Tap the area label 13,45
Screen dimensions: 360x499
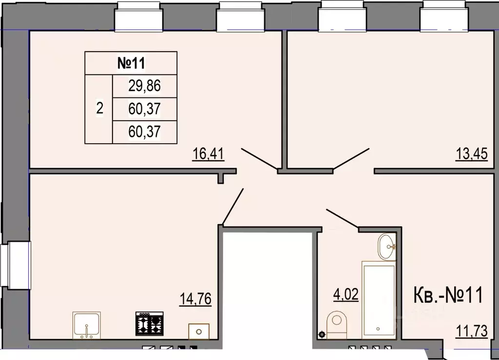click(x=471, y=154)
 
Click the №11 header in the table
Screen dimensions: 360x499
click(x=131, y=63)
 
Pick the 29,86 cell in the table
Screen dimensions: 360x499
click(x=144, y=86)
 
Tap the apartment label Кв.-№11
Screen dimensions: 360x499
click(x=447, y=296)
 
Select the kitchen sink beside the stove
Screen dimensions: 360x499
click(x=86, y=325)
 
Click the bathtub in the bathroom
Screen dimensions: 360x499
click(x=378, y=298)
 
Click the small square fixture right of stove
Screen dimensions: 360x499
click(x=198, y=331)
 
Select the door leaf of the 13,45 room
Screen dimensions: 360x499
click(x=351, y=158)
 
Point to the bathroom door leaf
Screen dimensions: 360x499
click(x=342, y=219)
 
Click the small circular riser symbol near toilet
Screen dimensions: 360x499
click(x=322, y=334)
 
